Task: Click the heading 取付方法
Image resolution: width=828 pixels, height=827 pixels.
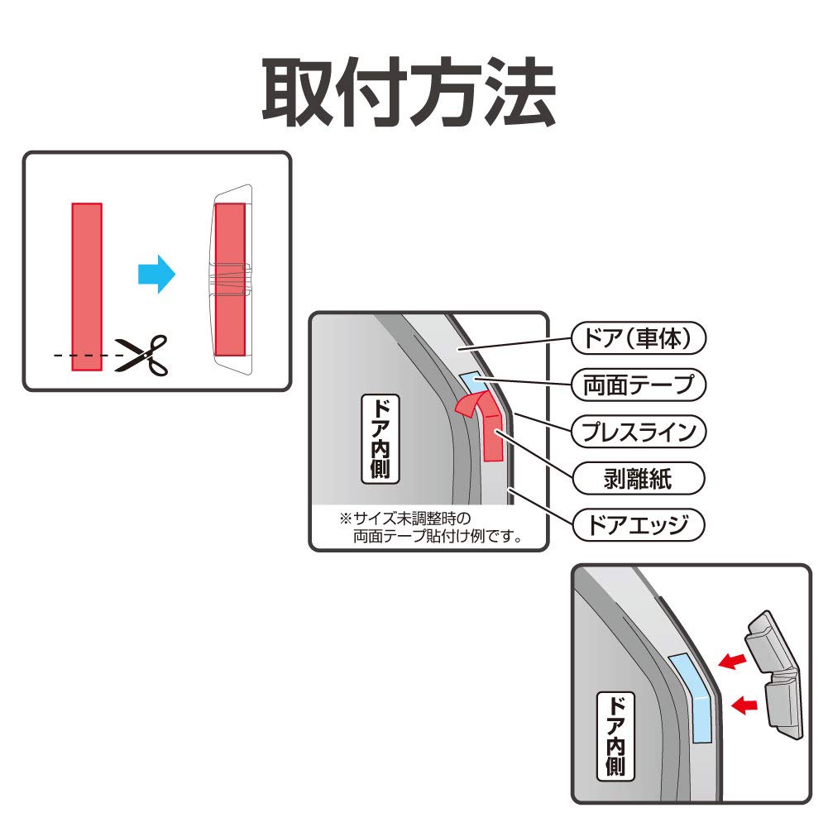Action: [409, 93]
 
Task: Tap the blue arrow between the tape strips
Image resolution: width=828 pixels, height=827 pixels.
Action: [156, 273]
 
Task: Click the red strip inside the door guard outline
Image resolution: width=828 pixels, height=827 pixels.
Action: [230, 240]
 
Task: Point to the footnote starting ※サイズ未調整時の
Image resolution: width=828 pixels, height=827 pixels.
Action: [428, 527]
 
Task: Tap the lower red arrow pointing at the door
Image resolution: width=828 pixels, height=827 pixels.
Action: [746, 705]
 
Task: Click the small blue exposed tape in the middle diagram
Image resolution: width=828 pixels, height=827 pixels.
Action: [475, 381]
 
